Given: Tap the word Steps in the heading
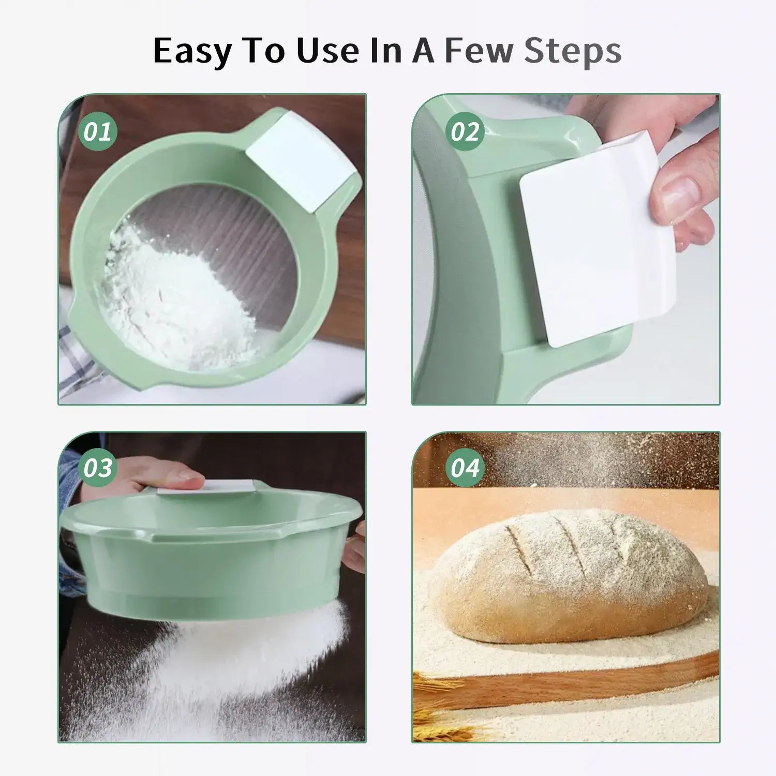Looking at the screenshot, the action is click(x=573, y=51).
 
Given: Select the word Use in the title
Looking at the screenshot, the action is click(x=336, y=51).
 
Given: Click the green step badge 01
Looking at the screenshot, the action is click(x=98, y=131).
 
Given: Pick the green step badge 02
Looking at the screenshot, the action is click(x=465, y=131).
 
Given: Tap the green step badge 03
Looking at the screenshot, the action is click(x=98, y=468).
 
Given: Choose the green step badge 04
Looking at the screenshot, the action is click(x=465, y=468).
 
